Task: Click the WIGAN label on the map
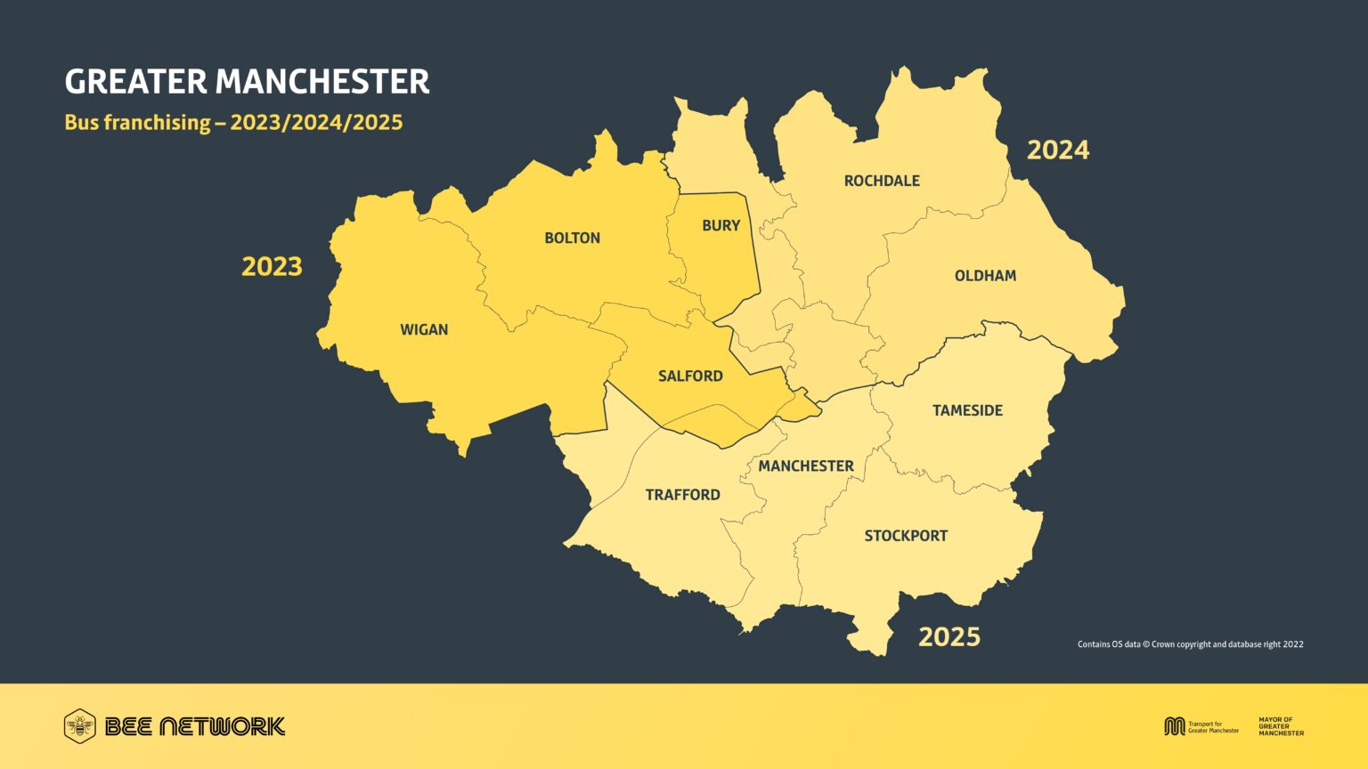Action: (x=424, y=330)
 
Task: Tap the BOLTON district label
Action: (x=573, y=239)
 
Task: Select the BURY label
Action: (x=721, y=226)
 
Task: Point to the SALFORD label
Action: (x=690, y=376)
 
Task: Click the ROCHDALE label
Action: (x=882, y=182)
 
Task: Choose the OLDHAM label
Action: (x=985, y=276)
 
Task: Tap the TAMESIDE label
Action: (x=967, y=411)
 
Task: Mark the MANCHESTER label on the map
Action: (x=806, y=466)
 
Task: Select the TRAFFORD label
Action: (x=683, y=495)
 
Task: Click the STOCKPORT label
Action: (x=906, y=536)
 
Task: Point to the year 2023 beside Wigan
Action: (x=273, y=267)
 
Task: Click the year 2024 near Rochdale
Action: (x=1058, y=150)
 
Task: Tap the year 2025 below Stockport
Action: (x=949, y=637)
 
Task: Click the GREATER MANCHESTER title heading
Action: (x=247, y=82)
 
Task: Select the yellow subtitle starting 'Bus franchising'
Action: (x=233, y=123)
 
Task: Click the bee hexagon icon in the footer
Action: (x=80, y=726)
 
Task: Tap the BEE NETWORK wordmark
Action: (x=195, y=726)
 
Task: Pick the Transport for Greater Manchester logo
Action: (x=1201, y=726)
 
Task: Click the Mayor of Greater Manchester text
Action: (x=1281, y=726)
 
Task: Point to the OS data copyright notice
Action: (x=1190, y=644)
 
